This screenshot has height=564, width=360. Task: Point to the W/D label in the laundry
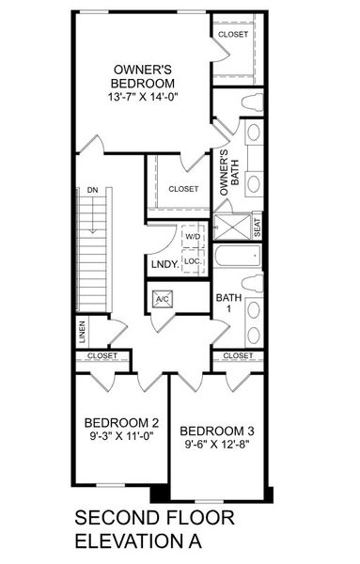click(x=192, y=238)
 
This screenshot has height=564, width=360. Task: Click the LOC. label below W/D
click(x=191, y=260)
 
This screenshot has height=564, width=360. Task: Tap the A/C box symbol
click(x=161, y=300)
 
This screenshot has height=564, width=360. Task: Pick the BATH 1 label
click(x=228, y=305)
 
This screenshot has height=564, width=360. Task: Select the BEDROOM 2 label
click(x=120, y=421)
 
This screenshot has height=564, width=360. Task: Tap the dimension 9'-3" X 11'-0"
click(x=120, y=436)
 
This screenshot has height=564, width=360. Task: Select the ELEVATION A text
click(x=137, y=542)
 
